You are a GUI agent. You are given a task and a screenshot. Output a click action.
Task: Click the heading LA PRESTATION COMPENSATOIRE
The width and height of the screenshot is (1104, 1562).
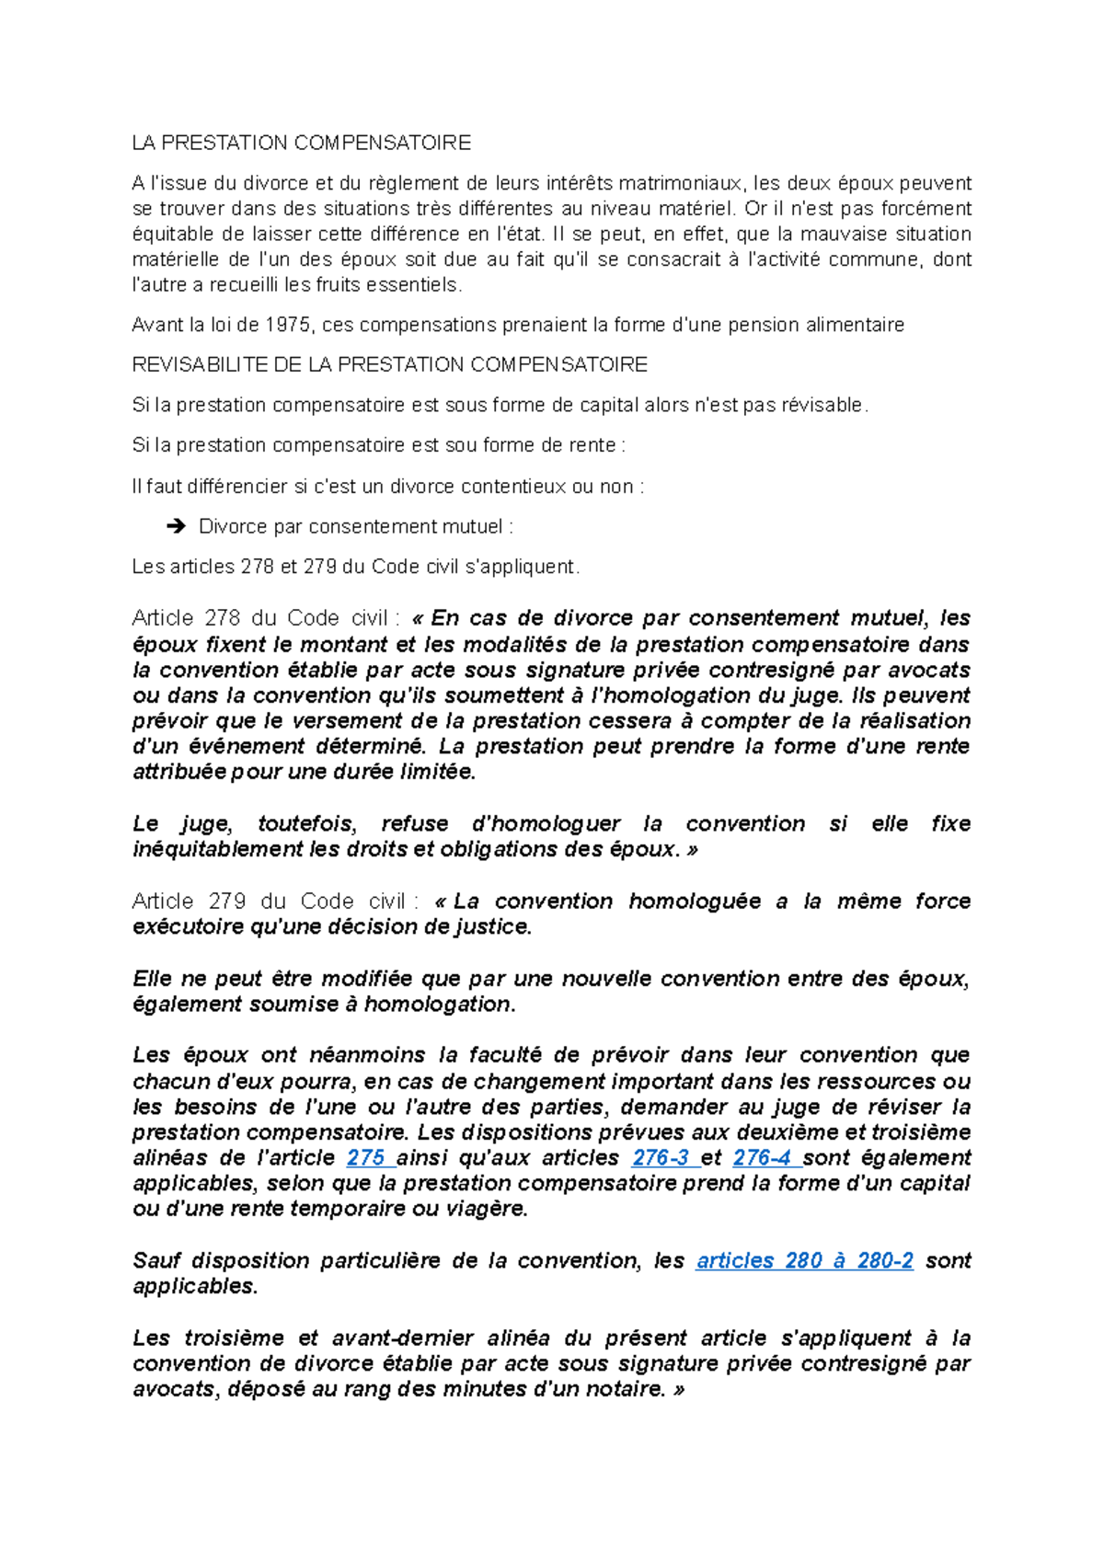click(301, 143)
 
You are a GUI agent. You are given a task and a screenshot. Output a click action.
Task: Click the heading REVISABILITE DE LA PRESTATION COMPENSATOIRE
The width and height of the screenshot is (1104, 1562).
click(389, 364)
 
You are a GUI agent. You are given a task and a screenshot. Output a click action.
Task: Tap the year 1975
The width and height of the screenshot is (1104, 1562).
click(288, 325)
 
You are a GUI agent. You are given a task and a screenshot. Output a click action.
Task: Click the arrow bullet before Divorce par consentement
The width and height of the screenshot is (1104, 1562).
click(174, 526)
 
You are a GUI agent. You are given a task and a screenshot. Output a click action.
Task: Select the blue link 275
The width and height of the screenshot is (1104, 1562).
click(366, 1157)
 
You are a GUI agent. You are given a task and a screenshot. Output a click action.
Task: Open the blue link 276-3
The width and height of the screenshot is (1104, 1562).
click(661, 1157)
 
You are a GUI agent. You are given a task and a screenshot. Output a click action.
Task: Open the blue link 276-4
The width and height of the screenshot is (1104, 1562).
click(763, 1157)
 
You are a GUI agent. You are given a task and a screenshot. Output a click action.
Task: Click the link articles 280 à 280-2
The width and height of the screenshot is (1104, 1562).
click(804, 1260)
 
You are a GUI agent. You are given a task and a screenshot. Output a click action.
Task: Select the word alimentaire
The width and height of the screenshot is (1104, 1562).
click(855, 325)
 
